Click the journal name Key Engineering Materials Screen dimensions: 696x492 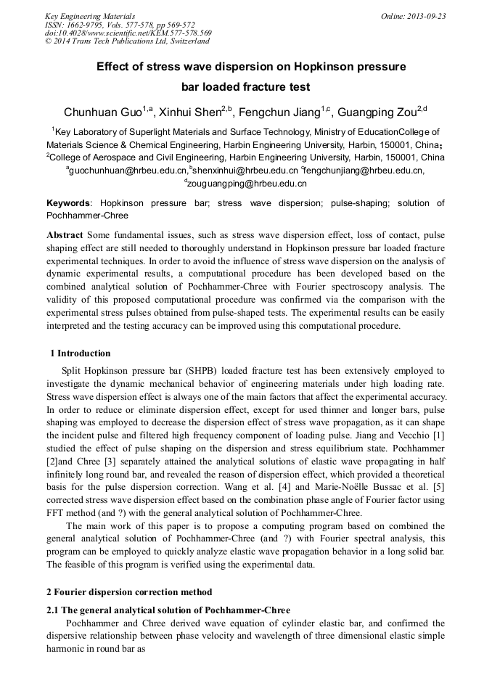pyautogui.click(x=89, y=16)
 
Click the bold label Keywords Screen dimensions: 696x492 pyautogui.click(x=70, y=203)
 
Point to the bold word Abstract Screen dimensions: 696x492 pyautogui.click(x=65, y=235)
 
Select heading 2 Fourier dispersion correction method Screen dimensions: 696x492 pyautogui.click(x=129, y=591)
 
